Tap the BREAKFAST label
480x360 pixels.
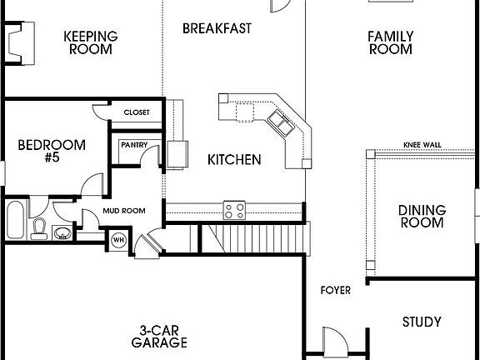tap(217, 28)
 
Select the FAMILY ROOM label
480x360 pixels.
tap(389, 42)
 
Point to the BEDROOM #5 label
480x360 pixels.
tap(52, 151)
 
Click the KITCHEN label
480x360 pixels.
tap(235, 159)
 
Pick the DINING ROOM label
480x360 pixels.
tap(422, 217)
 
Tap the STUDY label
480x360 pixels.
tap(422, 322)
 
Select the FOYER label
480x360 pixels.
tap(336, 290)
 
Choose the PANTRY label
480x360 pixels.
tap(134, 144)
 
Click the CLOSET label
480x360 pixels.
tap(137, 112)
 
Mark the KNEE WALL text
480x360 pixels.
tap(422, 143)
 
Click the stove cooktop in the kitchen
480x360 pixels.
tap(233, 208)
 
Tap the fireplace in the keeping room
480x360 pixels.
tap(19, 42)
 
